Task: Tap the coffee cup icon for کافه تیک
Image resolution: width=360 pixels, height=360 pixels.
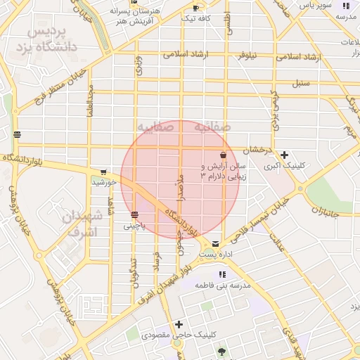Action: click(195, 8)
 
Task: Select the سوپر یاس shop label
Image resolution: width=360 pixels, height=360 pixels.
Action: click(315, 5)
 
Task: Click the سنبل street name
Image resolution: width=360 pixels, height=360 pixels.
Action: click(302, 83)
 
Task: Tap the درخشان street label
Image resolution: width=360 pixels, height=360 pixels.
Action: click(258, 150)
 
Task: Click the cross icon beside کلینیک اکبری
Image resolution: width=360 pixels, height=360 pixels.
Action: click(284, 155)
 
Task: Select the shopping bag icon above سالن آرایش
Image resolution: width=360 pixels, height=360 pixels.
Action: click(223, 155)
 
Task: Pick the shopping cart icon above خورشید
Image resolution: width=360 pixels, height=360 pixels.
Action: click(104, 172)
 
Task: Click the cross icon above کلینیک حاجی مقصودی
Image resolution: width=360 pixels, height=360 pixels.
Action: click(179, 324)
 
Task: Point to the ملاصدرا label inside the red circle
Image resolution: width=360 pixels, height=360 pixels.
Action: click(180, 187)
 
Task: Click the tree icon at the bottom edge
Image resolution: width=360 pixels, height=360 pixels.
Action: click(223, 352)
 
